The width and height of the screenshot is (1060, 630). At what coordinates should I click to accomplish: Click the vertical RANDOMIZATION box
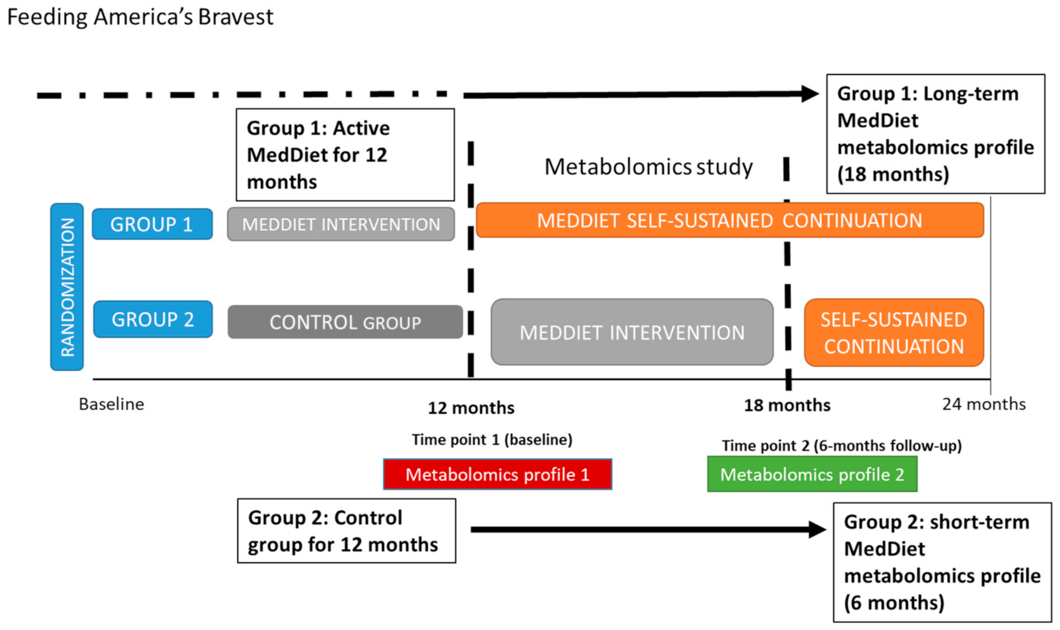67,287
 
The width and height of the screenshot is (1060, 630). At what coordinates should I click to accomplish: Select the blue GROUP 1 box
152,224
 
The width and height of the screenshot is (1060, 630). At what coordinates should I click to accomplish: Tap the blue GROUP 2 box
152,319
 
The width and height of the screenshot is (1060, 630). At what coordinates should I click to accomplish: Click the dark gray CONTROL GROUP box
345,322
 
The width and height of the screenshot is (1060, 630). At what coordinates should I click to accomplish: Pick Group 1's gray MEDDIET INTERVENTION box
341,224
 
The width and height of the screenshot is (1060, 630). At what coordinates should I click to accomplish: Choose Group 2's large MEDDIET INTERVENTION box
632,332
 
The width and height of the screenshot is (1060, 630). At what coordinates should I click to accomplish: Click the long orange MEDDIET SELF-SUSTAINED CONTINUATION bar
730,221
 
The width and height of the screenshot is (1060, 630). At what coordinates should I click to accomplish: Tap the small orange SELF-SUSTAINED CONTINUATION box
894,333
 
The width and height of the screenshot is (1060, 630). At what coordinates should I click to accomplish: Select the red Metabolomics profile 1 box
497,474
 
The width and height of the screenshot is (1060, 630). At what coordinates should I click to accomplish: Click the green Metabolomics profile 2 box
812,474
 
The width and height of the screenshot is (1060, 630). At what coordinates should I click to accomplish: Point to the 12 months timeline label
471,408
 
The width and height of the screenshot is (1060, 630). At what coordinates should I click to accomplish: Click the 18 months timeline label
787,405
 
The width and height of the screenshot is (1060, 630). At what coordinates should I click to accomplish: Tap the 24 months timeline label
984,404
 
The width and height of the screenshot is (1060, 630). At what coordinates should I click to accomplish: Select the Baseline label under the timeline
111,404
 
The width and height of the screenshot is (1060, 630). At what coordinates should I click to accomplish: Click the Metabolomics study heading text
648,167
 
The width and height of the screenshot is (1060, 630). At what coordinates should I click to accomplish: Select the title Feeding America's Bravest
140,17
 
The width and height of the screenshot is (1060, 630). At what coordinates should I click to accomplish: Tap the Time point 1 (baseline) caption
492,440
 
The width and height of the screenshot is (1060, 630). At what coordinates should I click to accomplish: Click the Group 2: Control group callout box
346,531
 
